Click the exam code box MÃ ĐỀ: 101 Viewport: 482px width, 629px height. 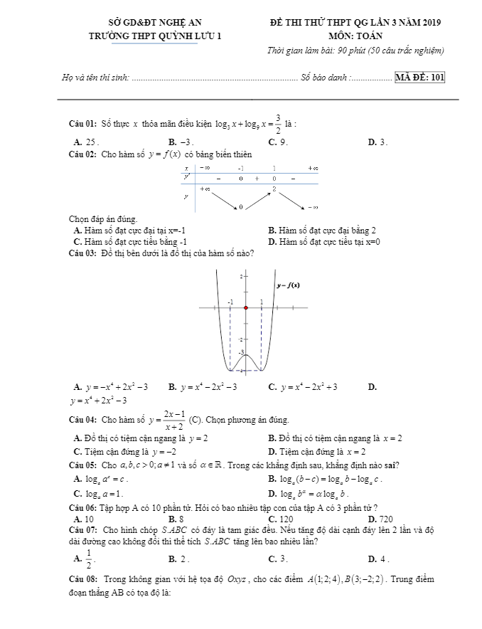(x=419, y=78)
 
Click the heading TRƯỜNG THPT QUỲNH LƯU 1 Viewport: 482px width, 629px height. (x=145, y=36)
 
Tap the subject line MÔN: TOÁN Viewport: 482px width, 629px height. (x=355, y=36)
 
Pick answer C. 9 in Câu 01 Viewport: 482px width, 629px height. (x=278, y=142)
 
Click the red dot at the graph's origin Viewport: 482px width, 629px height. (x=245, y=308)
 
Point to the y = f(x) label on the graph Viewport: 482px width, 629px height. (x=288, y=285)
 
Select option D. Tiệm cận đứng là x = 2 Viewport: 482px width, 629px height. (x=317, y=451)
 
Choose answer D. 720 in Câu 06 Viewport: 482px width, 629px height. (x=380, y=519)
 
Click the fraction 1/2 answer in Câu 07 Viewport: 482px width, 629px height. (x=89, y=559)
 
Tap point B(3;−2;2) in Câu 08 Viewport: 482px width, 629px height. (x=383, y=580)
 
